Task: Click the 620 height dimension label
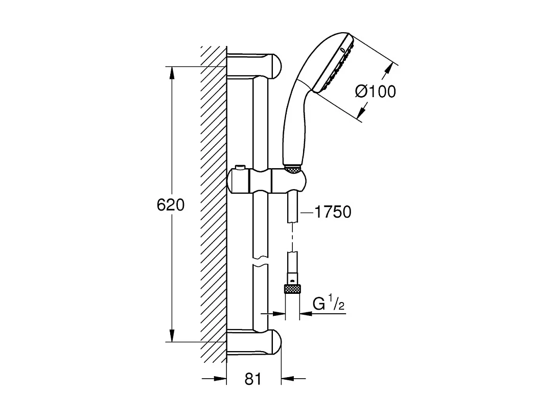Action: [x=170, y=205]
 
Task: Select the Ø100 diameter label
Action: [x=376, y=91]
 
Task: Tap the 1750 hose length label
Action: [x=333, y=212]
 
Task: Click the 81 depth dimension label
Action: [x=253, y=379]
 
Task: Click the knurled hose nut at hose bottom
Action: [x=291, y=289]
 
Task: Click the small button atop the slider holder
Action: [x=241, y=168]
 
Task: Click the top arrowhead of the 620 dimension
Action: [x=172, y=72]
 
